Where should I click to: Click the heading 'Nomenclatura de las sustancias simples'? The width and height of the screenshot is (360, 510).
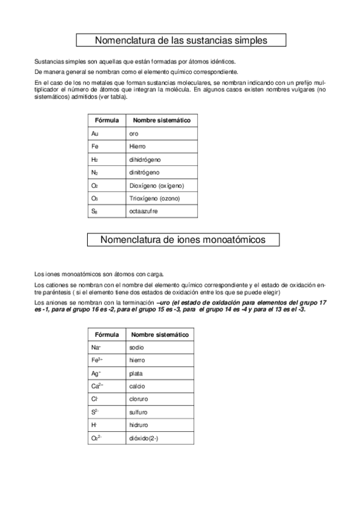pyautogui.click(x=181, y=40)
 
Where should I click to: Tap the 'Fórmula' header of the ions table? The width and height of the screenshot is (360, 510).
pyautogui.click(x=105, y=334)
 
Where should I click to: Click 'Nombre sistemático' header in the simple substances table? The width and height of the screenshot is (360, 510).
pyautogui.click(x=161, y=120)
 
